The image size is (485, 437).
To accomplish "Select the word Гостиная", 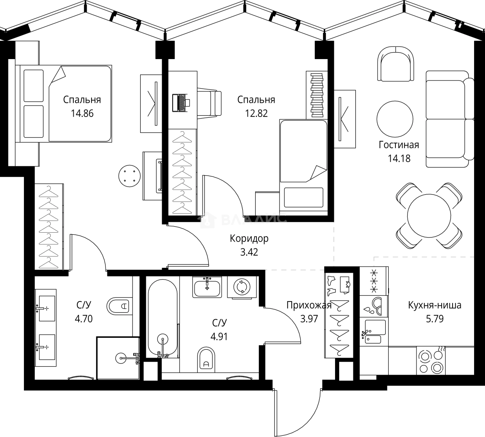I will point(399,145).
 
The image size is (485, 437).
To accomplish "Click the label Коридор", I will point(249,239).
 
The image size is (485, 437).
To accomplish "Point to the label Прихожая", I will point(309,305).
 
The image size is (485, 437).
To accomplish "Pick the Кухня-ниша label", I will point(434,305).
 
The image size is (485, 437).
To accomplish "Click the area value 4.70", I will point(83,319).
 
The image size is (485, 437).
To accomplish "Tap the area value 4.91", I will point(219,336).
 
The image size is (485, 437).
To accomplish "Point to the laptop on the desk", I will point(181,102).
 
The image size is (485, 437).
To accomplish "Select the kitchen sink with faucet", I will point(373,332).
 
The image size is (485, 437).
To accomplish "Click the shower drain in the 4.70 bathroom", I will point(123,357).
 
